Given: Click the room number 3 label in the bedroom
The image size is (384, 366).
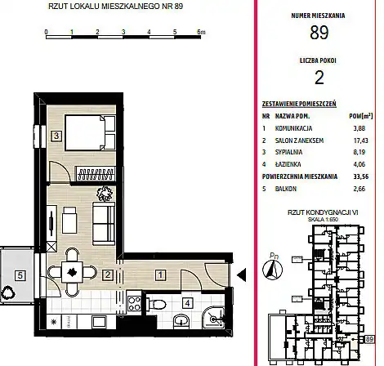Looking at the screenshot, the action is pyautogui.click(x=56, y=136).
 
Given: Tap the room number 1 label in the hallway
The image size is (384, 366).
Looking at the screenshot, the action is pyautogui.click(x=160, y=275).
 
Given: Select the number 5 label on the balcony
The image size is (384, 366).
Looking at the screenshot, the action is pyautogui.click(x=20, y=275).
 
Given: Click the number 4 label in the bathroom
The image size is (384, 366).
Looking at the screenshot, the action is pyautogui.click(x=187, y=303).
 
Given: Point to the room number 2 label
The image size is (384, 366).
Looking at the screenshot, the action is pyautogui.click(x=108, y=275).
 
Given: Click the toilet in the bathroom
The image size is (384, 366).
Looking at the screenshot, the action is pyautogui.click(x=156, y=304).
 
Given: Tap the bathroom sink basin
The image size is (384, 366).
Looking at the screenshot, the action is pyautogui.click(x=181, y=320).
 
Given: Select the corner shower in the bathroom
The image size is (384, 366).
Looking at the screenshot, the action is pyautogui.click(x=214, y=318).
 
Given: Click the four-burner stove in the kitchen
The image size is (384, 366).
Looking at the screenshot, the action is pyautogui.click(x=134, y=304).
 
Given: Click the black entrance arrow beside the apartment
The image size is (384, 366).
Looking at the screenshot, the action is pyautogui.click(x=242, y=275).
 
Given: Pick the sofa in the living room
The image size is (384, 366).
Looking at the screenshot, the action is pyautogui.click(x=104, y=224).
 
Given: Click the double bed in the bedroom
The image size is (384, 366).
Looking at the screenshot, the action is pyautogui.click(x=90, y=132).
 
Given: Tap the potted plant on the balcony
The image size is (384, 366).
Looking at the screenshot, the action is pyautogui.click(x=7, y=293).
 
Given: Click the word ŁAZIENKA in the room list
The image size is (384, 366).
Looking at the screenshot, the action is pyautogui.click(x=288, y=164).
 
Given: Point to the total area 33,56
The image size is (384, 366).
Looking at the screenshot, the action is pyautogui.click(x=360, y=176).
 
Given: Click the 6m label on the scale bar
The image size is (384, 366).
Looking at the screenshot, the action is pyautogui.click(x=201, y=32).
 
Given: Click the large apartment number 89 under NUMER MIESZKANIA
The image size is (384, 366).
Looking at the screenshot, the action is pyautogui.click(x=319, y=33).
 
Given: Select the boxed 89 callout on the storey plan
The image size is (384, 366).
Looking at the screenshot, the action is pyautogui.click(x=369, y=339).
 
